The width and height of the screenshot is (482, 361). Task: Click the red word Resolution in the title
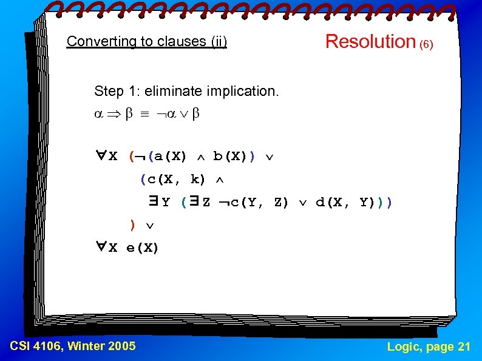tap(370, 41)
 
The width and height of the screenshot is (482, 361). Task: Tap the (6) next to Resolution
tap(426, 45)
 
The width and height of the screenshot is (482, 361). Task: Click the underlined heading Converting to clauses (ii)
tap(147, 42)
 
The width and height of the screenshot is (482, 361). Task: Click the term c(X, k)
tap(172, 180)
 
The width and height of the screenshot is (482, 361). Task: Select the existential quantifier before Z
tap(194, 202)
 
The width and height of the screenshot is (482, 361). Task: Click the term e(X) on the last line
tap(143, 248)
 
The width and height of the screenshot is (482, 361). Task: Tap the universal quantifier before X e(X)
tap(101, 247)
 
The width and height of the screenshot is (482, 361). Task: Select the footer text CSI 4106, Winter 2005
tap(73, 346)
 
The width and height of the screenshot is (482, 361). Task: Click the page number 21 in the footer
tap(464, 346)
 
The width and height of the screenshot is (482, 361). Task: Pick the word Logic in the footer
tap(403, 346)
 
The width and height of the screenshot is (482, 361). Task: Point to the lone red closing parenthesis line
tap(132, 225)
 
